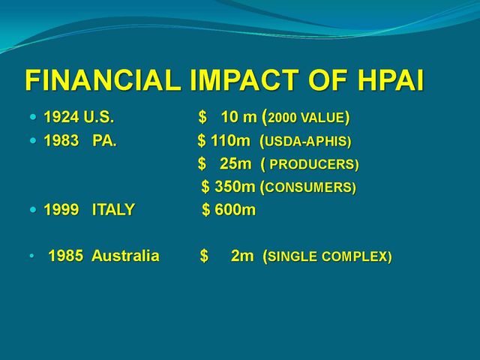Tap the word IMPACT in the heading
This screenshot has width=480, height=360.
point(244,80)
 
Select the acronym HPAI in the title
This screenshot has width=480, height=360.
point(391,80)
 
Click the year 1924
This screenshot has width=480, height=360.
point(61,117)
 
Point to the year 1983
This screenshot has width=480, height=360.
point(61,140)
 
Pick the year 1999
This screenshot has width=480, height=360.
point(61,210)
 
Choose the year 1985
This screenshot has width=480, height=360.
point(65,256)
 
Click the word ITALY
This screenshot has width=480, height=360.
point(113,210)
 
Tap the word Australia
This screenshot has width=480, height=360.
point(125,256)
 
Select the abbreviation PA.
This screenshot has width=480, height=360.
point(104,140)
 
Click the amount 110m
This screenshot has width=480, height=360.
point(230,140)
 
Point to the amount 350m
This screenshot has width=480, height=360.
point(235,187)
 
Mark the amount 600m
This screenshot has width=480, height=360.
point(235,210)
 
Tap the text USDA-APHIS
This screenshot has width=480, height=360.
point(306,142)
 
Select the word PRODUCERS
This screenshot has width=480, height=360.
point(312,164)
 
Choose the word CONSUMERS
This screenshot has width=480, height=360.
point(309,187)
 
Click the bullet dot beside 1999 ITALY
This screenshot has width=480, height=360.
point(33,210)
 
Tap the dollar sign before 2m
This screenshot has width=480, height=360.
point(204,256)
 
